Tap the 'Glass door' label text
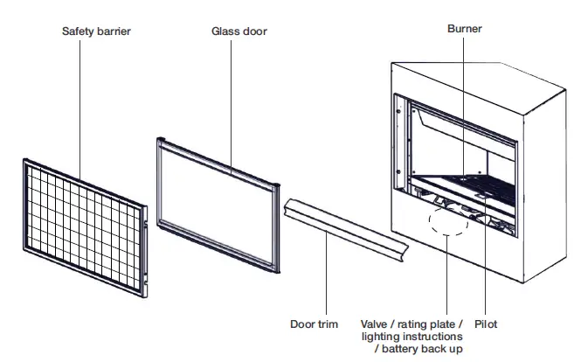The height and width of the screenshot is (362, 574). coord(239,31)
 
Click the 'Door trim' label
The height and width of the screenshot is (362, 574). coord(314,323)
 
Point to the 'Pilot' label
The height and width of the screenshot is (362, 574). coord(486,323)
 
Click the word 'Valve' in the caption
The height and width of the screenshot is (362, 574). coord(377,323)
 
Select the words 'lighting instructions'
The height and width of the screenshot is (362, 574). coord(413,336)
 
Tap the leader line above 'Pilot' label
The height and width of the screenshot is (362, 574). coord(486,262)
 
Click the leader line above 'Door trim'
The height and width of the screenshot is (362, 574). coord(327,280)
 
